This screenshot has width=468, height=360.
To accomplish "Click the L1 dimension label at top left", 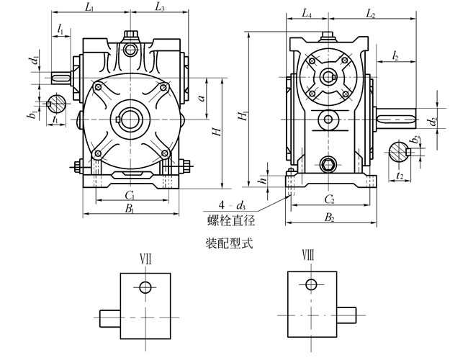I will click(x=89, y=7).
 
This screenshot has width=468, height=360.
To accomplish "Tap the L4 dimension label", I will click(x=306, y=13).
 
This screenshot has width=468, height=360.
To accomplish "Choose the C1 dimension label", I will click(x=130, y=194).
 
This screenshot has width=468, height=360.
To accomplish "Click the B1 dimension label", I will click(x=130, y=209).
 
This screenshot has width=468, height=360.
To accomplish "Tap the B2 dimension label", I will click(x=329, y=216).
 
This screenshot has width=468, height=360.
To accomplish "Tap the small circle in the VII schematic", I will click(x=146, y=287).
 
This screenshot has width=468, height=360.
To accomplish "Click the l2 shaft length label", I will click(x=397, y=55).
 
